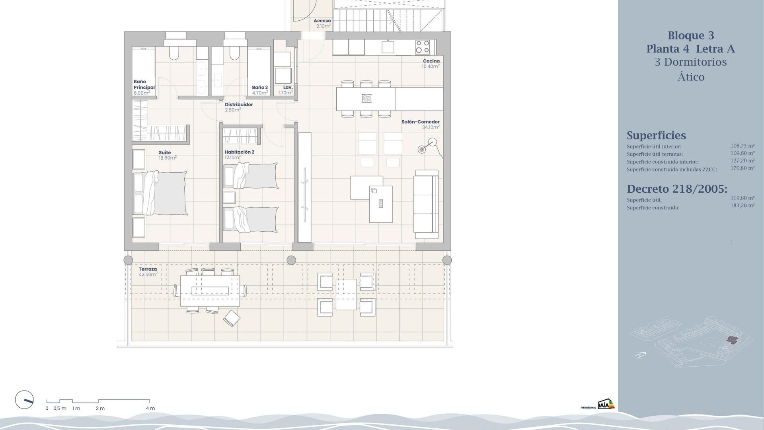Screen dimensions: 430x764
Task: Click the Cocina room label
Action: point(431,61)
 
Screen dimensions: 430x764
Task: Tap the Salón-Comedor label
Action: point(420,122)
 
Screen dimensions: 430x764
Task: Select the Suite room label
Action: point(165,152)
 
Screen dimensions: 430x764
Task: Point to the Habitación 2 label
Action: point(239,152)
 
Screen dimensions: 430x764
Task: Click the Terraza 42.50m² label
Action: point(148,272)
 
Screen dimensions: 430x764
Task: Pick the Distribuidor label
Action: point(239,105)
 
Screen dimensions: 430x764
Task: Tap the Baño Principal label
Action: point(144,85)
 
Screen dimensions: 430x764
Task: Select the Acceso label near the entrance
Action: point(322,21)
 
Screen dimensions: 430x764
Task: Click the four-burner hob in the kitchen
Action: point(422,47)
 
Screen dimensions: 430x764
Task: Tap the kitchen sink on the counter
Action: point(388,47)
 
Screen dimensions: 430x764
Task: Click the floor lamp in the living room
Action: point(428,146)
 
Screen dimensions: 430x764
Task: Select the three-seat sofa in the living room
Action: point(426,201)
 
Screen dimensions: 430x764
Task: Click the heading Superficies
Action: point(656,135)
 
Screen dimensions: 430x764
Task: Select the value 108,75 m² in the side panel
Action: point(742,146)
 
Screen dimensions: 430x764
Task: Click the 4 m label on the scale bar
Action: point(150,408)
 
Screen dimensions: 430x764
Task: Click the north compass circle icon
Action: point(24,400)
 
